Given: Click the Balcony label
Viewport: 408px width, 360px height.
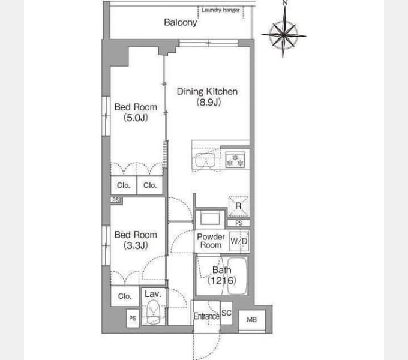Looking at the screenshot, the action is click(181, 23).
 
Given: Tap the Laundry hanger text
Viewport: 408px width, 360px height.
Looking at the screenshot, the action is click(220, 10).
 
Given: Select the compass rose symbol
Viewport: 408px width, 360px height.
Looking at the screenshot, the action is click(284, 35).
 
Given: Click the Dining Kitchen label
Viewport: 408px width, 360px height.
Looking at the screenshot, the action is click(207, 92).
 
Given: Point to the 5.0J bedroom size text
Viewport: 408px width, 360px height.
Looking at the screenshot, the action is click(136, 118).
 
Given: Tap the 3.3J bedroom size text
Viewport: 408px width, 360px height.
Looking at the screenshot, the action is click(136, 245).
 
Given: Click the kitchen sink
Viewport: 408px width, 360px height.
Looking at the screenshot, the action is click(205, 160).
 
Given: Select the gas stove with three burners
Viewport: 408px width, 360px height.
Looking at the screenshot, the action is click(235, 160).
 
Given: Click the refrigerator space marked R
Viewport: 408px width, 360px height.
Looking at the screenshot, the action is click(238, 206).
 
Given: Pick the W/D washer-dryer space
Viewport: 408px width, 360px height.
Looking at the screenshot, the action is click(239, 241).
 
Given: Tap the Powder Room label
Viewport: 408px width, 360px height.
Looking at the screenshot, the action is click(211, 241).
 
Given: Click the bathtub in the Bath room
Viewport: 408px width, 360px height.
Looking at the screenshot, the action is click(237, 276).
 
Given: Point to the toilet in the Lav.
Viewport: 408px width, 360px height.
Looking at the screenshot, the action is click(153, 312).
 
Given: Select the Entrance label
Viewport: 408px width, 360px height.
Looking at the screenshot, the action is click(206, 316).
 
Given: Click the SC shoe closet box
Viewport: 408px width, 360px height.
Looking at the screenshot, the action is click(226, 313).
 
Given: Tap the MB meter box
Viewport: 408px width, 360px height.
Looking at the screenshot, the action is click(252, 320).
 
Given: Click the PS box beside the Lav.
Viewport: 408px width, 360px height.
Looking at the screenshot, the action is click(133, 318).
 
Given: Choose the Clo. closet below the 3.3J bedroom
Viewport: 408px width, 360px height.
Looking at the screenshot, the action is click(125, 296).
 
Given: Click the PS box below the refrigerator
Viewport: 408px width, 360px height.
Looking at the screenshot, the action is click(239, 223).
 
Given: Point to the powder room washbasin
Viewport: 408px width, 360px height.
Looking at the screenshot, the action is click(210, 218).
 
